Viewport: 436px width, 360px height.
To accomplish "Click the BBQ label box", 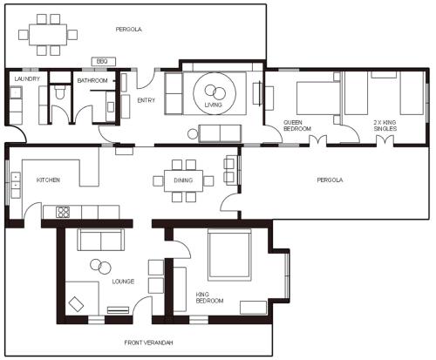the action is click(104, 62).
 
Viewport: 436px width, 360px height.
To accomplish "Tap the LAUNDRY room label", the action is click(27, 78).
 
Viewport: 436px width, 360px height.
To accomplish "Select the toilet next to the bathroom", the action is click(60, 92).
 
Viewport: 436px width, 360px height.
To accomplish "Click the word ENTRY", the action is click(146, 100).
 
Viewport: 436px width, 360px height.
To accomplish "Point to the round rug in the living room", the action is click(215, 93).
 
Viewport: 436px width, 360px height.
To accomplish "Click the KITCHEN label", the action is click(48, 180).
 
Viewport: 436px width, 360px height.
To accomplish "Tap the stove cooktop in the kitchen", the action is click(63, 212).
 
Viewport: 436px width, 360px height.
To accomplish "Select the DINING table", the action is click(183, 180).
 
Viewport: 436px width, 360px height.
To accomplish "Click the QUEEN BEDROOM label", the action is click(297, 126).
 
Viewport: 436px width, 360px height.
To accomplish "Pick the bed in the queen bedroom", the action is click(318, 98).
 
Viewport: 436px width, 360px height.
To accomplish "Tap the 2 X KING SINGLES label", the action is click(385, 126).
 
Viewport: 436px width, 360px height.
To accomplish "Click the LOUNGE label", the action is click(123, 282).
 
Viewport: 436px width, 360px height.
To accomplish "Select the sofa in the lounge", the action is click(100, 240).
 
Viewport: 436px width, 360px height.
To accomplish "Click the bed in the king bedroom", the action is click(229, 255).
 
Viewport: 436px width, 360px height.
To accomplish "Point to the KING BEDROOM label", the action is click(209, 297).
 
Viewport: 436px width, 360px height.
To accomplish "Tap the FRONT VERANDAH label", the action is click(148, 343).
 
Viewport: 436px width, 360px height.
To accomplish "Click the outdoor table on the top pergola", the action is click(48, 35).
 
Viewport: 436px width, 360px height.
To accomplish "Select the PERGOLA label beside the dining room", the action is click(330, 180).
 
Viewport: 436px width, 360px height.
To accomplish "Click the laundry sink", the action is click(15, 93).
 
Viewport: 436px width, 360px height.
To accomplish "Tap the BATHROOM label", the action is click(92, 80).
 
